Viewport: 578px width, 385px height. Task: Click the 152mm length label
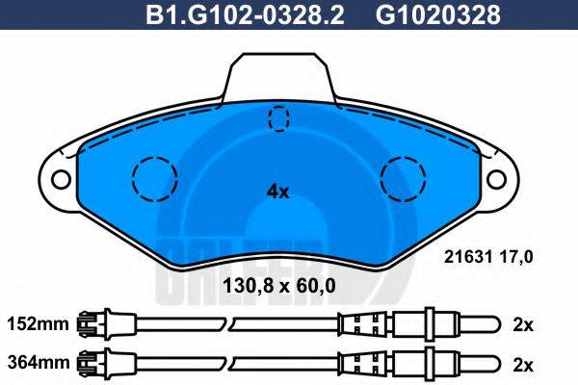tap(38, 324)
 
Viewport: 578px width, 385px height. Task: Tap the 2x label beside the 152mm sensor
tap(523, 324)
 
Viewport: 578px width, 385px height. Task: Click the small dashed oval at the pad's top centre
tap(278, 119)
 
